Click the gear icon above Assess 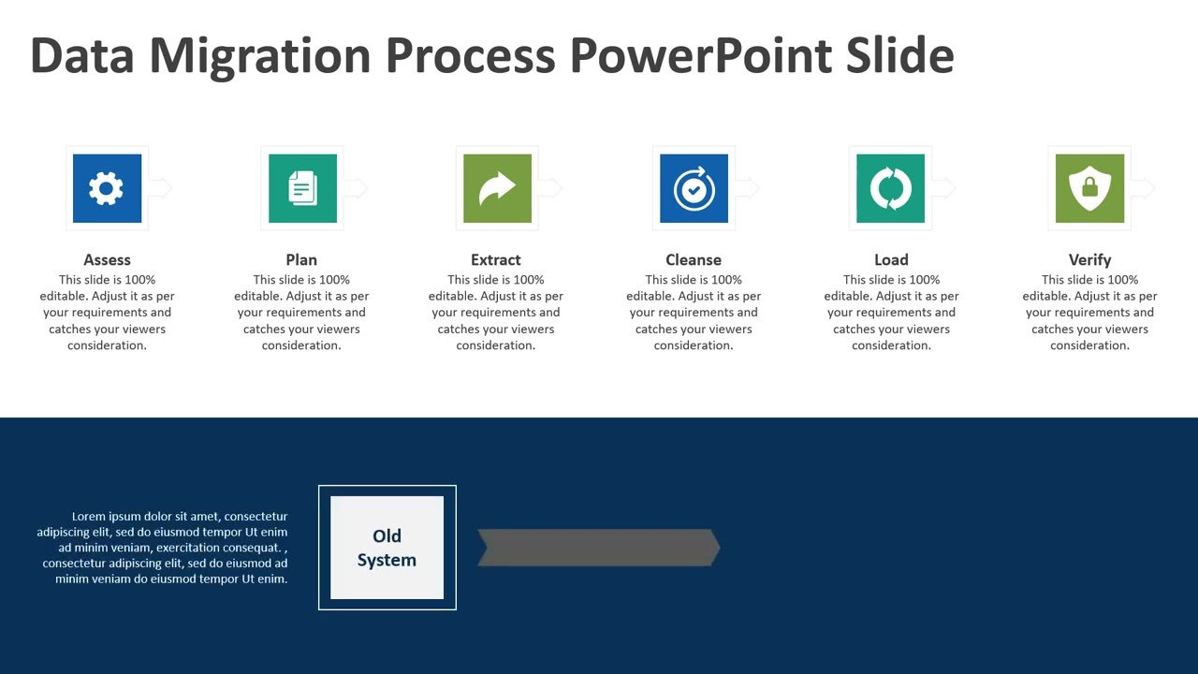click(x=107, y=188)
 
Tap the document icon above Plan click(x=302, y=188)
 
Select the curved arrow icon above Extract click(x=497, y=188)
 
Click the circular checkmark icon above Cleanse click(x=694, y=188)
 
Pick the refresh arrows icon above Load click(x=890, y=188)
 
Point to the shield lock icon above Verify click(x=1089, y=188)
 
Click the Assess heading click(x=107, y=259)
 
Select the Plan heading click(x=301, y=259)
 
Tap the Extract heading click(x=496, y=259)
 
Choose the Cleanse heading click(x=694, y=259)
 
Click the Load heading click(x=891, y=259)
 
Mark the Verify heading click(x=1089, y=259)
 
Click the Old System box click(x=387, y=548)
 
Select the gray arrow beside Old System click(x=599, y=548)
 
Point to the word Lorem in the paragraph click(x=89, y=517)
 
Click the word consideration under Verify click(x=1089, y=345)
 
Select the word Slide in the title click(x=899, y=56)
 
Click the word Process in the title click(x=471, y=56)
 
